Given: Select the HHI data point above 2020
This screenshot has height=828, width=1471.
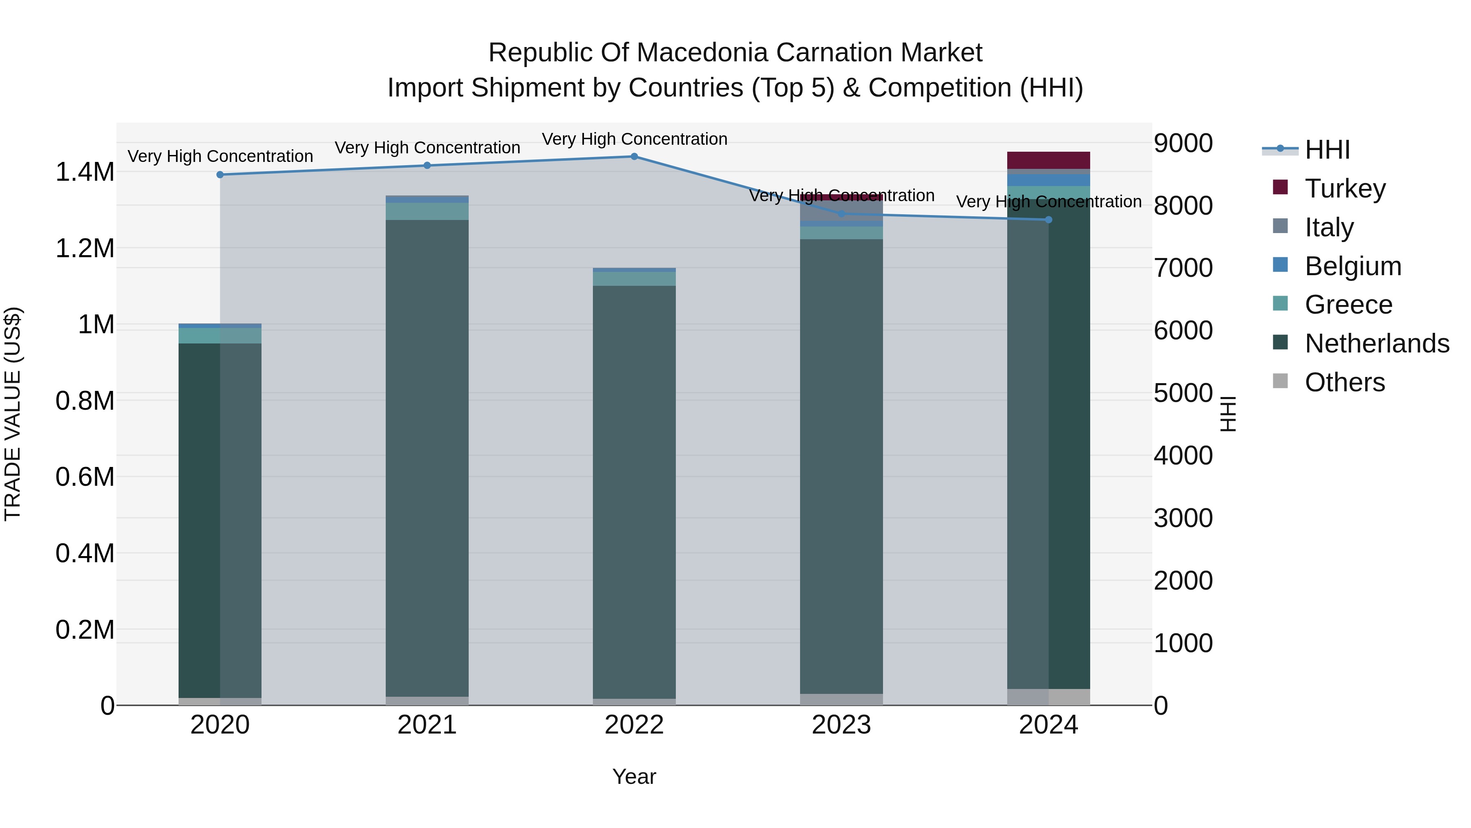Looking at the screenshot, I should coord(220,175).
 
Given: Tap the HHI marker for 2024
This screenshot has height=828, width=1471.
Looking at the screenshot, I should coord(1048,220).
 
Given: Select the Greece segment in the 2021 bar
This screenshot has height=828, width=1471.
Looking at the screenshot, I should coord(427,211).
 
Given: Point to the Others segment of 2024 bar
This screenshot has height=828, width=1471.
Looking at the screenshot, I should coord(1048,697).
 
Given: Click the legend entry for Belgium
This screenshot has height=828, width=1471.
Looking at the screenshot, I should coord(1353,266).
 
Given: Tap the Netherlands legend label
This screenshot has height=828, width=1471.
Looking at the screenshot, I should coord(1377,343).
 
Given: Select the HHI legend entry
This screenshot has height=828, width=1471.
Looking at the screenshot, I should coord(1327,150).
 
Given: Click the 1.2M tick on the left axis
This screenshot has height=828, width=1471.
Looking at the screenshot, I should coord(85,249).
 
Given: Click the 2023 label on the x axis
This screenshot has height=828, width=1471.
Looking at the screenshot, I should coord(841,725).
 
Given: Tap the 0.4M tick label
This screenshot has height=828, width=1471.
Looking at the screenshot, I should coord(85,553).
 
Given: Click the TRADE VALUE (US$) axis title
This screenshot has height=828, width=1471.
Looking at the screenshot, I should coord(13,414).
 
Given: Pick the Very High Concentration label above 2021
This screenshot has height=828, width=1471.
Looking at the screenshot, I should coord(427,148).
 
